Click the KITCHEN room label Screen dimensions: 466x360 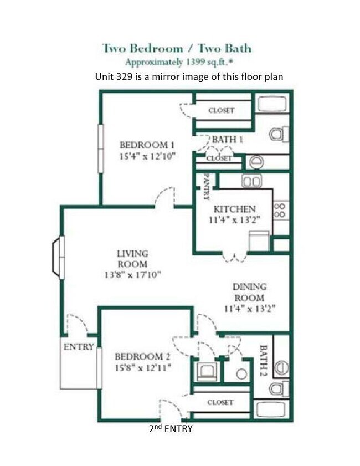(235, 209)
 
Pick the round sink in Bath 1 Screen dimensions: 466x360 (256, 162)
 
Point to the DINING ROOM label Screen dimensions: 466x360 (249, 291)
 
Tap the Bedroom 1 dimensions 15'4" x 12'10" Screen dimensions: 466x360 (148, 156)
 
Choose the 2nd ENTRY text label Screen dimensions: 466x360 (171, 428)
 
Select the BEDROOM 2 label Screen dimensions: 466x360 (142, 356)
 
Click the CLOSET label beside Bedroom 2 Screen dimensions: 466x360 (220, 402)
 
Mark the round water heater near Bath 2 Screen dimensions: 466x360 (241, 374)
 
